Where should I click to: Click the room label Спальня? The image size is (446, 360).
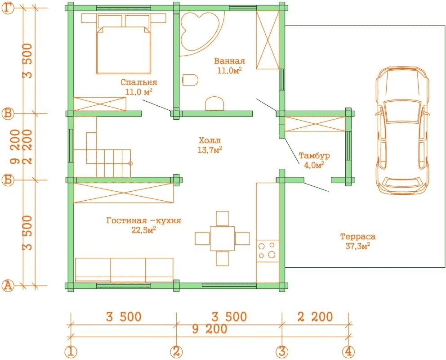click(x=139, y=82)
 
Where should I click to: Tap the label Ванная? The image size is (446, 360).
click(x=229, y=61)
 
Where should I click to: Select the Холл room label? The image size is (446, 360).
click(x=210, y=140)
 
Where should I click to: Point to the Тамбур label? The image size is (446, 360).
click(x=314, y=155)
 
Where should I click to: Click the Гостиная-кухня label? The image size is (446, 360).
click(x=143, y=220)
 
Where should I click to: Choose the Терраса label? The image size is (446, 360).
click(x=358, y=237)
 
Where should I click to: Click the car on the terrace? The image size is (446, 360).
click(x=402, y=130)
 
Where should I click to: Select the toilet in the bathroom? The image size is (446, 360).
click(x=190, y=80)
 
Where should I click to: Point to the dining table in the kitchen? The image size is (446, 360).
click(x=223, y=238)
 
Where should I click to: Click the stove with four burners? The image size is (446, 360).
click(x=268, y=251)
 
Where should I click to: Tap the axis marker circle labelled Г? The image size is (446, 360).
click(x=8, y=8)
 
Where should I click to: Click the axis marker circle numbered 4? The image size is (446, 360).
click(x=348, y=352)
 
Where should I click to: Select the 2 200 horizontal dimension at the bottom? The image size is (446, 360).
click(x=315, y=317)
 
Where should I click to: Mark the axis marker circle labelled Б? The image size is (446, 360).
click(x=8, y=180)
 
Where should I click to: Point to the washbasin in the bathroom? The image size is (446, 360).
click(x=214, y=103)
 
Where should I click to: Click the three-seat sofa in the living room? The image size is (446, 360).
click(x=124, y=270)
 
